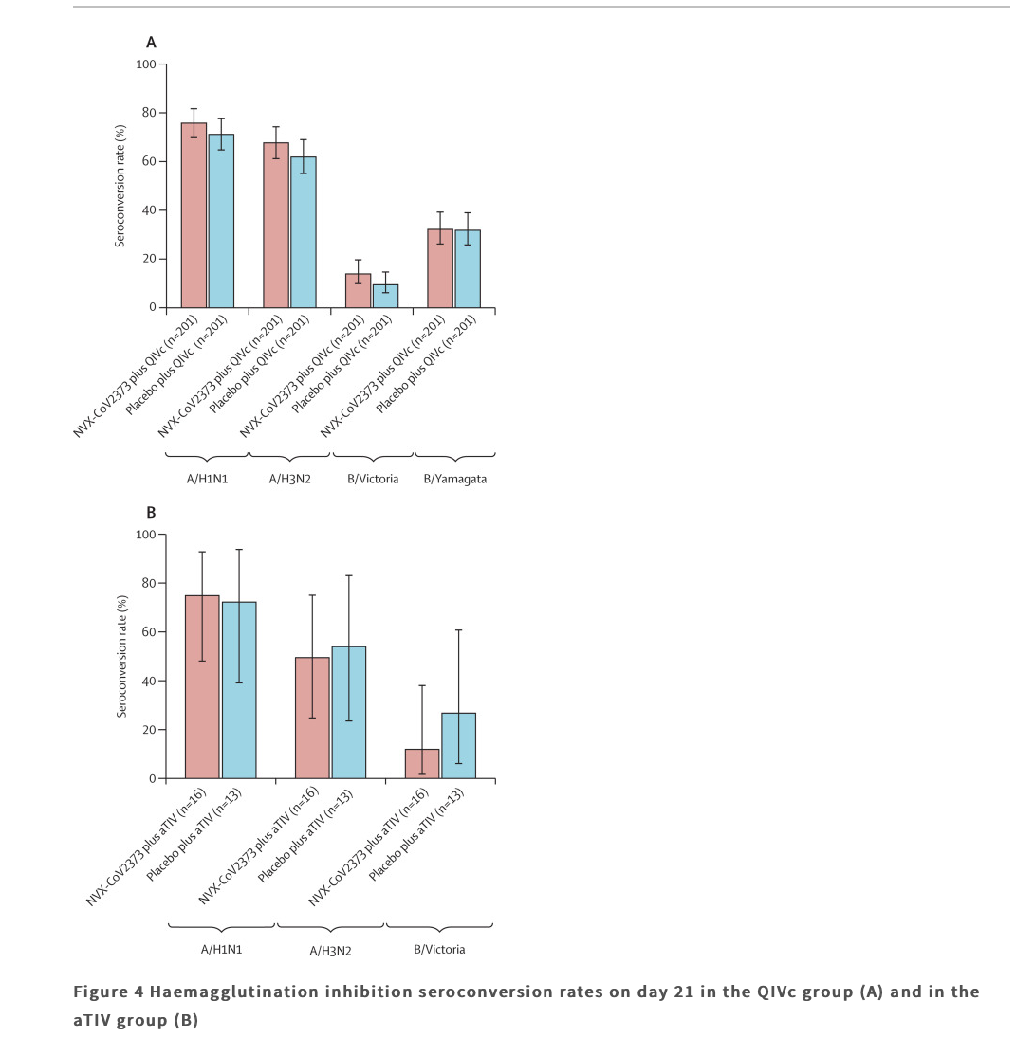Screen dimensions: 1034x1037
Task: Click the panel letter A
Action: click(x=151, y=43)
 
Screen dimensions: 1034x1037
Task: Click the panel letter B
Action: click(x=151, y=513)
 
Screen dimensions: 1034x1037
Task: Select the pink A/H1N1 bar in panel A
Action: click(x=194, y=215)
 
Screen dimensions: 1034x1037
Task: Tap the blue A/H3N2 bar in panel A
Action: click(x=304, y=232)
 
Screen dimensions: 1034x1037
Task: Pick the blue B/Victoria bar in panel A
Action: click(x=385, y=297)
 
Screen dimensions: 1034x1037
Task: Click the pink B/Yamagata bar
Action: click(x=440, y=268)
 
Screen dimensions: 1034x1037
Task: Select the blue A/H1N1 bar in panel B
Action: click(x=239, y=690)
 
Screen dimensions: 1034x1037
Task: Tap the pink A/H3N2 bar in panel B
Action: click(x=312, y=718)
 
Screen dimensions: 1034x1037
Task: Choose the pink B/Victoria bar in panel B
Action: click(x=422, y=764)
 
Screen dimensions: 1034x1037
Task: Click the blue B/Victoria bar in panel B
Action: click(x=459, y=745)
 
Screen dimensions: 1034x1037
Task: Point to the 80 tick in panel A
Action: click(x=162, y=113)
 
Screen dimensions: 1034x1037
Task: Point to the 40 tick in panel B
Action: click(x=162, y=682)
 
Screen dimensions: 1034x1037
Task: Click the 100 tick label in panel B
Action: click(x=146, y=535)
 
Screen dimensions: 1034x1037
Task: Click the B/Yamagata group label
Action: click(x=454, y=479)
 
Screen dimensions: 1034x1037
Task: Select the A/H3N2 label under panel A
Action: click(x=290, y=479)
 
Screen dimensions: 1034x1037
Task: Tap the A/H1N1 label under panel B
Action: click(x=222, y=950)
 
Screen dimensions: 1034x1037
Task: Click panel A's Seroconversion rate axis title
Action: click(x=120, y=186)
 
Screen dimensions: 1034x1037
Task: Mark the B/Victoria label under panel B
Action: click(x=439, y=950)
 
